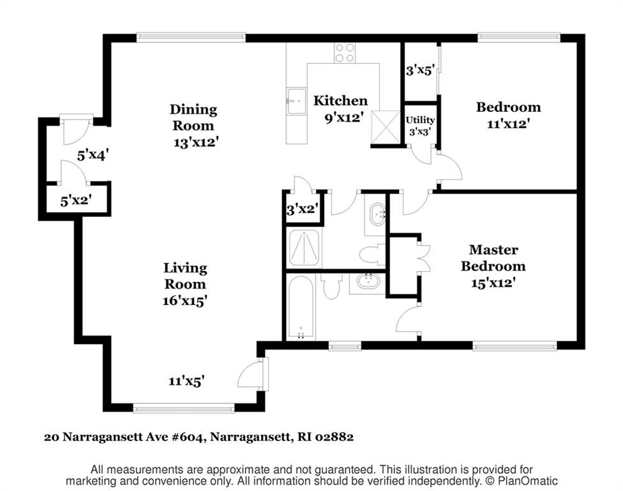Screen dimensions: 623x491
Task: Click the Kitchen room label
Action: click(x=340, y=100)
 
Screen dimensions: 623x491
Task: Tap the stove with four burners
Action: click(x=345, y=53)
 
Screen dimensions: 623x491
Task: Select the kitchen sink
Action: click(x=296, y=101)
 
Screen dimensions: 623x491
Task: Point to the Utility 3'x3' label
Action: click(x=420, y=125)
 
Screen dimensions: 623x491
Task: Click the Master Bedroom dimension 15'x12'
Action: click(x=493, y=283)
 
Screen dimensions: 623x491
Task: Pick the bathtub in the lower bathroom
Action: click(x=301, y=307)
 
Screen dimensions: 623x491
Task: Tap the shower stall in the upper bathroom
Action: click(x=304, y=248)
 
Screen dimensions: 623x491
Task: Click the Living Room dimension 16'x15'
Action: click(x=184, y=300)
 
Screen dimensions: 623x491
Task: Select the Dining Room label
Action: click(x=193, y=118)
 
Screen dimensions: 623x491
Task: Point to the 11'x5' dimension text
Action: click(x=186, y=381)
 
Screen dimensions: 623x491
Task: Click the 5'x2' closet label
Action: click(x=76, y=201)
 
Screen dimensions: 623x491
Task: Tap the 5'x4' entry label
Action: click(x=93, y=155)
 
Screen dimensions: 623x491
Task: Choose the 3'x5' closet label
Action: click(x=420, y=70)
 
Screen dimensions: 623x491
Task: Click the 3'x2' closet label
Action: click(x=303, y=208)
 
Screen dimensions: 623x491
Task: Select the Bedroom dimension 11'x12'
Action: click(x=508, y=124)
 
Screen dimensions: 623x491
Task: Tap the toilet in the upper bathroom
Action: click(x=372, y=254)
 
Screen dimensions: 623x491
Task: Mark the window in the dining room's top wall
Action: click(x=191, y=38)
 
